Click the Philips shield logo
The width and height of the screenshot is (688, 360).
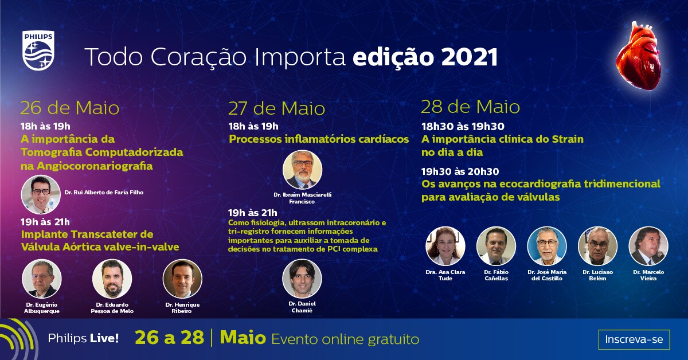tap(38, 50)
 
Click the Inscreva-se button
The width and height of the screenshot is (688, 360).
tap(634, 339)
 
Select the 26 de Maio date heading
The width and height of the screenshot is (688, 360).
tap(70, 108)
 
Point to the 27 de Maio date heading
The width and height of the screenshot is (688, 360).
tap(276, 108)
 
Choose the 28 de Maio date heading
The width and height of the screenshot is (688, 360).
tap(470, 107)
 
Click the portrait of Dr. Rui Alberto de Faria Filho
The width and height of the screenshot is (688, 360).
tap(41, 194)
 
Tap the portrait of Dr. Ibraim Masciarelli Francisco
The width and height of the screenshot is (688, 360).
tap(303, 170)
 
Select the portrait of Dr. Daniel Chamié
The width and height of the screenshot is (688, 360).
tap(302, 279)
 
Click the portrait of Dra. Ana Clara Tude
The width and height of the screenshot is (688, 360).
tap(445, 246)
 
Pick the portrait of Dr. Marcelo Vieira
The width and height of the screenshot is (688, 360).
tap(648, 246)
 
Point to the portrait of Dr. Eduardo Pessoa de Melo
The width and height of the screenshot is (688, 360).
tap(112, 279)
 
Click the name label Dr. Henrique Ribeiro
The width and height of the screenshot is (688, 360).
tap(182, 308)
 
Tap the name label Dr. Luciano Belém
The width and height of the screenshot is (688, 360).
tap(597, 275)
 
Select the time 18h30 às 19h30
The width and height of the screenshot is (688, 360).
tap(463, 126)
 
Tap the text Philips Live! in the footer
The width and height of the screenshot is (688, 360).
tap(83, 338)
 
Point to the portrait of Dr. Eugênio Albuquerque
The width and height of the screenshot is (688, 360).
tap(42, 279)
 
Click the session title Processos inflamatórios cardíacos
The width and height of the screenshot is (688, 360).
tap(319, 139)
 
